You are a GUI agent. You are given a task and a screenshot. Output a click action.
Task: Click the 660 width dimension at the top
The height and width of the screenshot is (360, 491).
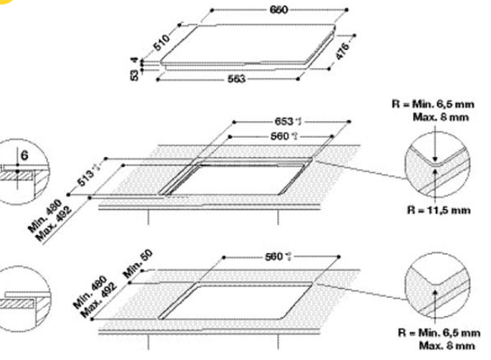tap(278, 11)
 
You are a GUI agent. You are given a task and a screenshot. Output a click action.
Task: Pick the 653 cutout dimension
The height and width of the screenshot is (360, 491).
tap(289, 121)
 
